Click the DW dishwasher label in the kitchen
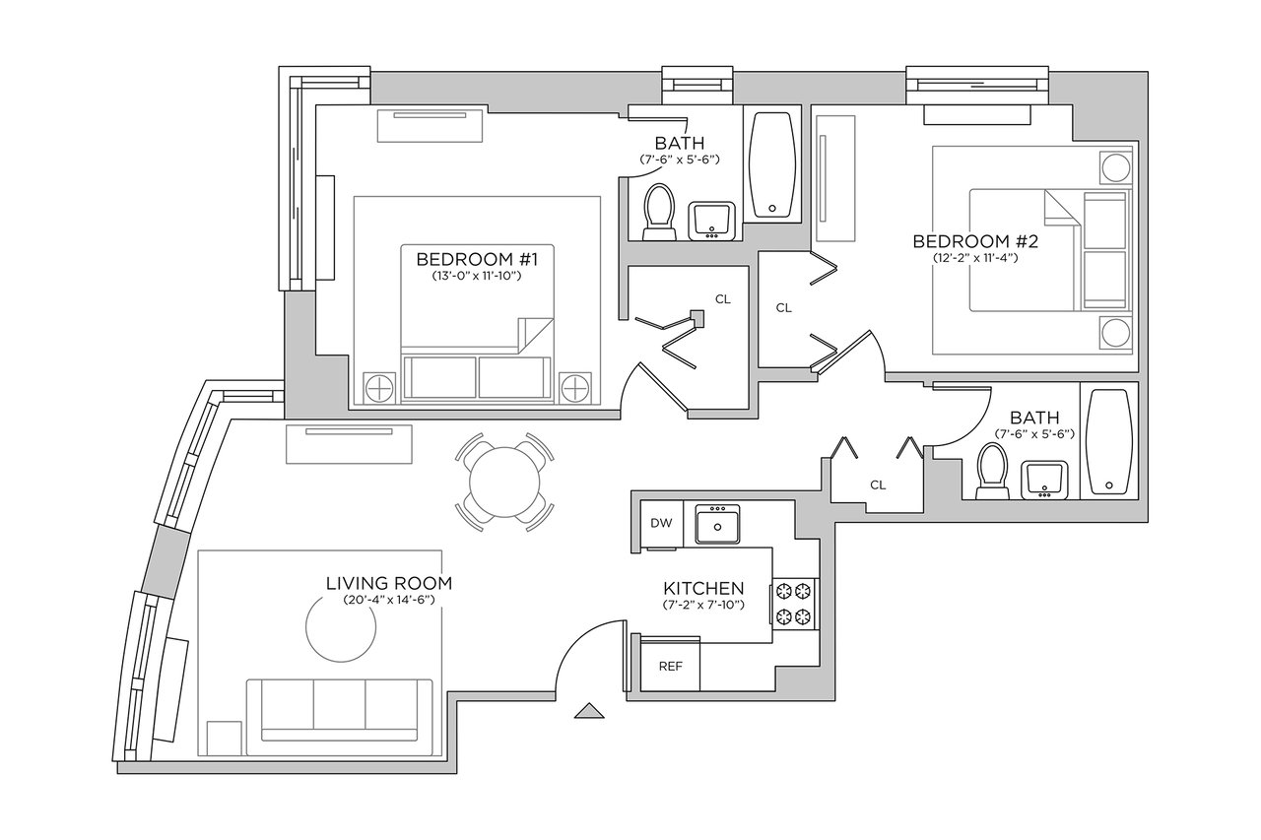tap(661, 523)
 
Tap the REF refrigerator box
tap(671, 666)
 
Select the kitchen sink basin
tap(717, 524)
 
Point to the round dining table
tap(504, 483)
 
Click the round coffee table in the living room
tap(341, 626)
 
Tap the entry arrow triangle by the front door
tap(589, 711)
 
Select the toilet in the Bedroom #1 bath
tap(659, 212)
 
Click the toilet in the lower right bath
tap(992, 472)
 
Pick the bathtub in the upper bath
tap(773, 164)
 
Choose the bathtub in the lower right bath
tap(1108, 441)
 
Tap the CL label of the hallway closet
tap(878, 485)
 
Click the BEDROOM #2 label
tap(975, 241)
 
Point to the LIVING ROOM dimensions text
tap(389, 600)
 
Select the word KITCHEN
tap(703, 589)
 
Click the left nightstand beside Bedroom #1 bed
tap(379, 388)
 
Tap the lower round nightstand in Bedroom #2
tap(1116, 333)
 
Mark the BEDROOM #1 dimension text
tap(477, 277)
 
